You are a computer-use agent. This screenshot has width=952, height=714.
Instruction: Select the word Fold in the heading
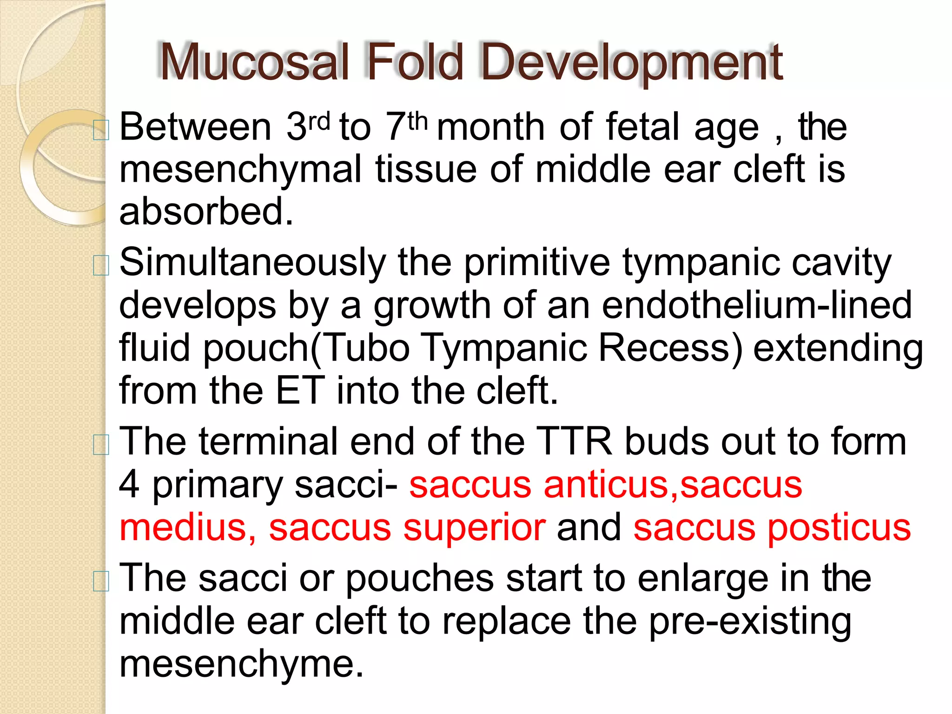click(415, 62)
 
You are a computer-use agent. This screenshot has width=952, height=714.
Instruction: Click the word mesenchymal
click(240, 170)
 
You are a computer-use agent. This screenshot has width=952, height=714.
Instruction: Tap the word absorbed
click(206, 212)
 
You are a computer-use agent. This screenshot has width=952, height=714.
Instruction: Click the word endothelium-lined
click(757, 305)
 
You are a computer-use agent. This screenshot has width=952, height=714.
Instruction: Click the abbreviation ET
click(299, 390)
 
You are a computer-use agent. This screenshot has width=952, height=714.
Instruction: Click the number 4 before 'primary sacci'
click(129, 485)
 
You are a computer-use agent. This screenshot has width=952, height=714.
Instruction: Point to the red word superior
click(474, 528)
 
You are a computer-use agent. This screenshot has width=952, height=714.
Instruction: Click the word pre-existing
click(750, 621)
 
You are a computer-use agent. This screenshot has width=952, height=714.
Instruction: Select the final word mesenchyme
click(241, 664)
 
